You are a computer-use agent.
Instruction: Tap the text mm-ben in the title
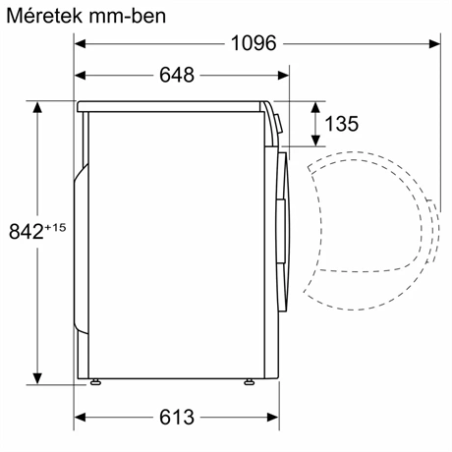point(126,17)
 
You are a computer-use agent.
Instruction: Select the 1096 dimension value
point(254,43)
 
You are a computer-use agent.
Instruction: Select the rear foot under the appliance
point(95,382)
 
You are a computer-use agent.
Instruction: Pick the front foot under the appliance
point(252,382)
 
